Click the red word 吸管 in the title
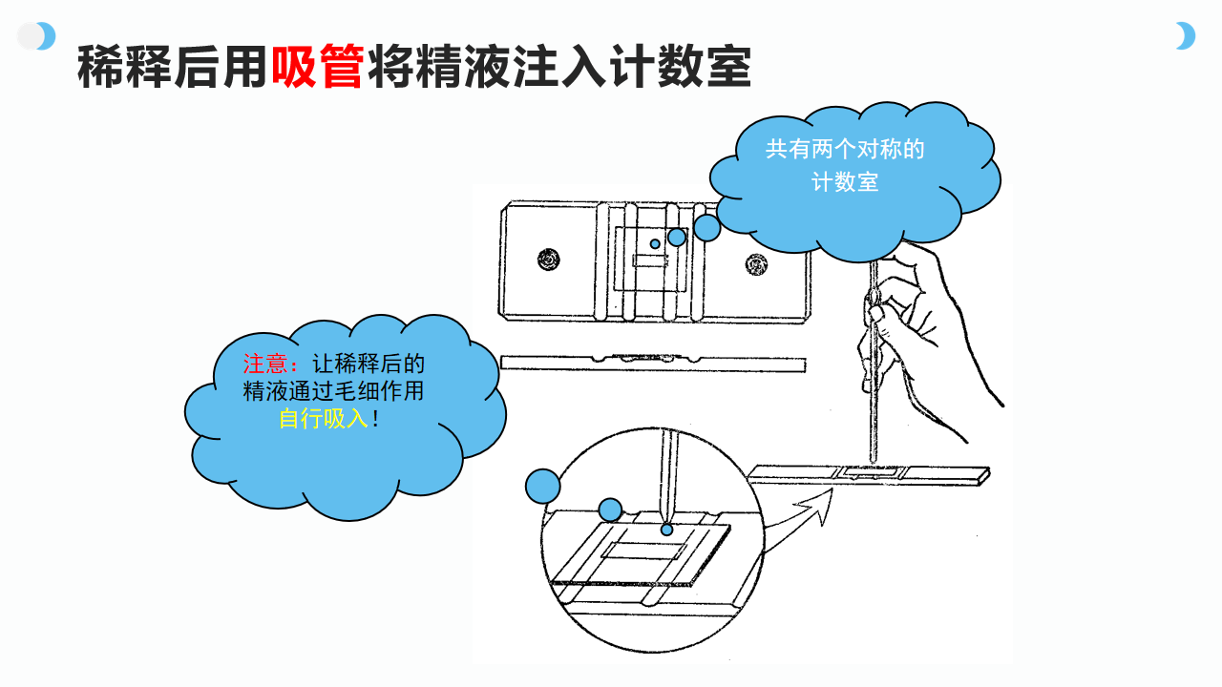(x=317, y=68)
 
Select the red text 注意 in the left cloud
(x=271, y=364)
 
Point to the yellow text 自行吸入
(x=323, y=418)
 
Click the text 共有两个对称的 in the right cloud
(x=845, y=150)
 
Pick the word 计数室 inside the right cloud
(x=845, y=182)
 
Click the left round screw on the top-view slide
(x=549, y=259)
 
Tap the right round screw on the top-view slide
(x=757, y=260)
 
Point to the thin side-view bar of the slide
(x=652, y=363)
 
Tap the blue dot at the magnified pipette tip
(x=666, y=530)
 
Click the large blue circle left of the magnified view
(x=543, y=487)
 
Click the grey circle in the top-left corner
(x=31, y=36)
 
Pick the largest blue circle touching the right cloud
(x=706, y=227)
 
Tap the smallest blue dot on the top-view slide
(x=655, y=244)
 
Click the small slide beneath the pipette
(x=869, y=473)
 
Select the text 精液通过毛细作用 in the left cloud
(x=333, y=391)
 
